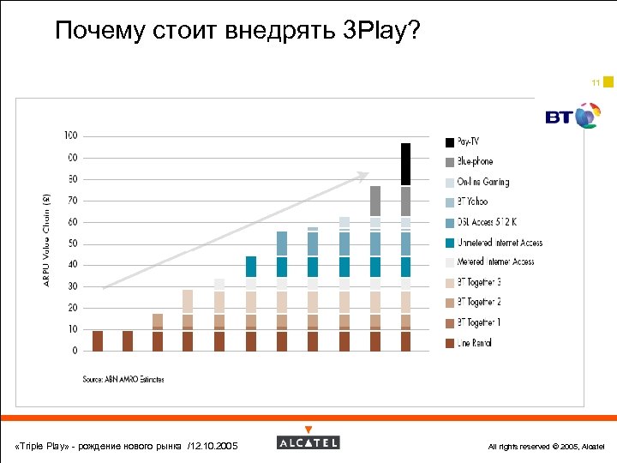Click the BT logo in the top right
(572, 116)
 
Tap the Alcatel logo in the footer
(308, 442)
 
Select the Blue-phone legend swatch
(449, 162)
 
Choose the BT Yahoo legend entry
(472, 201)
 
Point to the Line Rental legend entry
(474, 343)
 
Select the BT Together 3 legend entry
(479, 282)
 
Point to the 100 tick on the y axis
(70, 135)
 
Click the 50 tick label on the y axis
(73, 244)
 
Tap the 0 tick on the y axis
(75, 351)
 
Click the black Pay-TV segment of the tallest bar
(405, 164)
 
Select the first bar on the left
(98, 340)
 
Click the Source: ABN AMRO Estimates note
(123, 379)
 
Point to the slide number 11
(595, 83)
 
